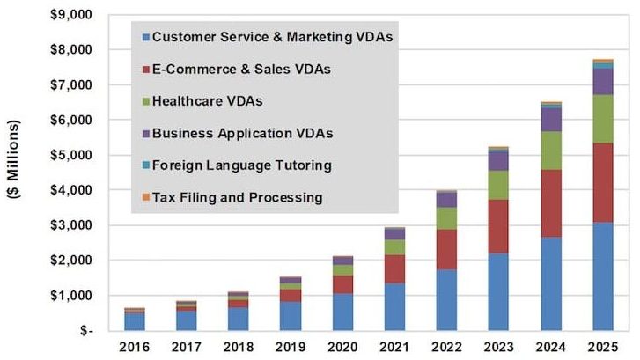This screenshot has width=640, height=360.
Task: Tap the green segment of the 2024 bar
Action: click(551, 150)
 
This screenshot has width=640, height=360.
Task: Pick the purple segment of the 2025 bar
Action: click(602, 81)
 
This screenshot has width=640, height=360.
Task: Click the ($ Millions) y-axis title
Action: click(15, 173)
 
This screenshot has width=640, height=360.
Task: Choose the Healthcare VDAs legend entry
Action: click(207, 101)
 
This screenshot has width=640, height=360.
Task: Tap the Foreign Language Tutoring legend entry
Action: click(239, 165)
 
